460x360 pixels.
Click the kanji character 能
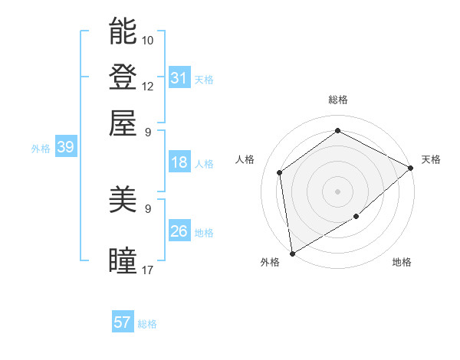(x=123, y=31)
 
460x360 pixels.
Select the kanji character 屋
(x=123, y=123)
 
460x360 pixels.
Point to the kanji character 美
(x=123, y=201)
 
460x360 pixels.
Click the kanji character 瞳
(x=123, y=261)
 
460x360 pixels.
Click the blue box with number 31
(x=179, y=78)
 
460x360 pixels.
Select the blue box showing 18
(x=179, y=162)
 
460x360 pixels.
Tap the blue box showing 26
(x=179, y=232)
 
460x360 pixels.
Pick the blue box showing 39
(x=65, y=148)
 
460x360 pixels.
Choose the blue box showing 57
(x=123, y=322)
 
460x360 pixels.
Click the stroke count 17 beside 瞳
(x=148, y=270)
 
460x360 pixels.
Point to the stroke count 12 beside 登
(x=148, y=86)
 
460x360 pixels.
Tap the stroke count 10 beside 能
(x=148, y=40)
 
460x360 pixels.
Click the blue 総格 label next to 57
(x=147, y=324)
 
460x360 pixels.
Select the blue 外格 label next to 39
(x=41, y=149)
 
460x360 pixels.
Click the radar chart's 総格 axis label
(x=337, y=100)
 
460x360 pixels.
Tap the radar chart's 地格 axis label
(x=402, y=263)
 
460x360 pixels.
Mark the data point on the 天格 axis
(x=411, y=168)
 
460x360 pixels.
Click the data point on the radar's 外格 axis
(x=292, y=253)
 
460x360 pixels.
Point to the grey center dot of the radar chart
(x=337, y=191)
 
